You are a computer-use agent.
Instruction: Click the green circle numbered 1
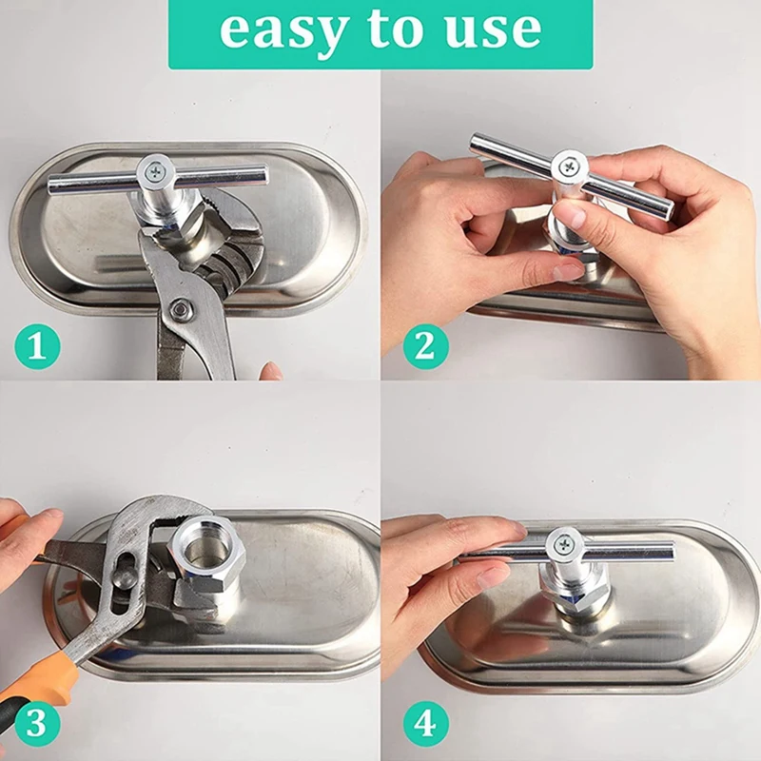pyautogui.click(x=37, y=347)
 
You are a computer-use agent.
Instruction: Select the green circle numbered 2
pyautogui.click(x=425, y=347)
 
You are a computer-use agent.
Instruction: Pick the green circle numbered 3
pyautogui.click(x=37, y=725)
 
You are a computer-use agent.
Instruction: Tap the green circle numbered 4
pyautogui.click(x=425, y=725)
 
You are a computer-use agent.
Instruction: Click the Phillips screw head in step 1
pyautogui.click(x=156, y=170)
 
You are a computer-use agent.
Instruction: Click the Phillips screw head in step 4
pyautogui.click(x=564, y=543)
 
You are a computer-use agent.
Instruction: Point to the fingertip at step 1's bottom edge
pyautogui.click(x=271, y=371)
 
